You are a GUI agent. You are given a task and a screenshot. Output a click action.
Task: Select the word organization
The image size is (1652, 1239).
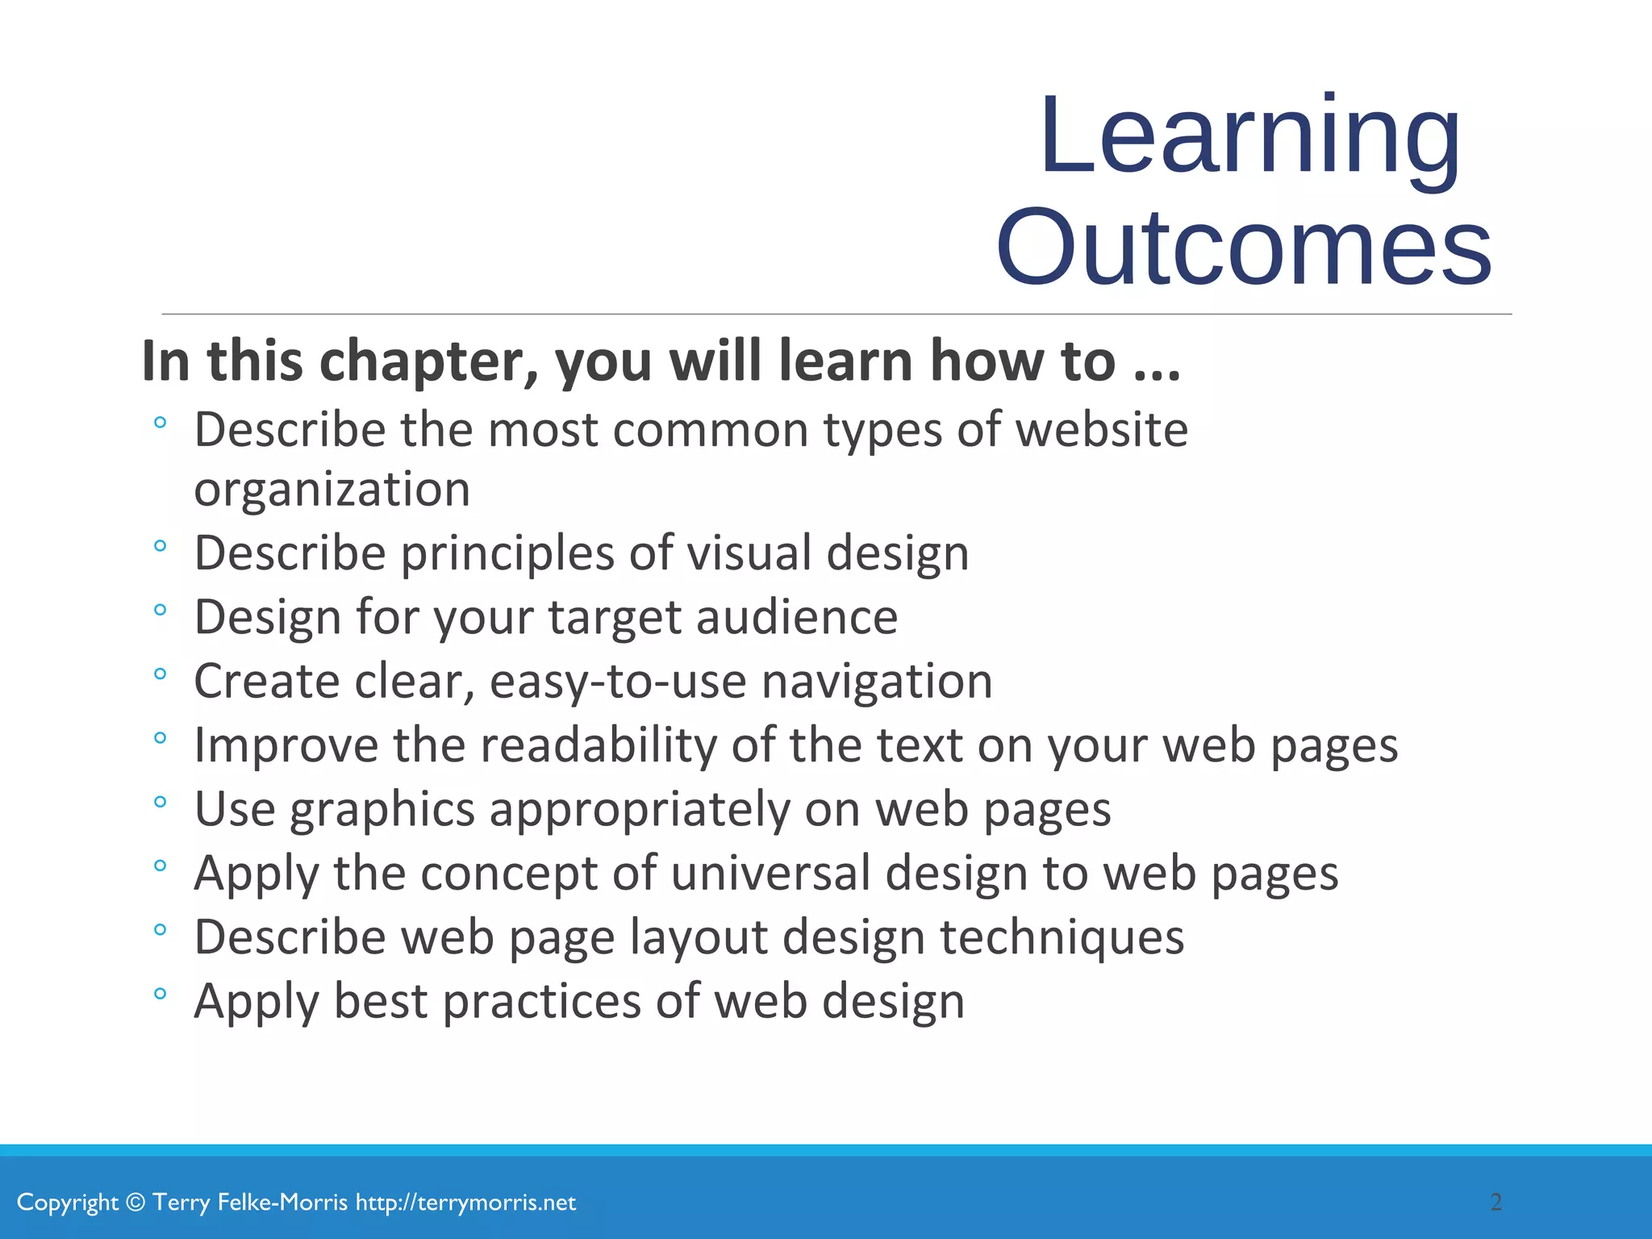click(332, 490)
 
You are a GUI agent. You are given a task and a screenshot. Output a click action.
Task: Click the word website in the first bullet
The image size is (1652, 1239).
click(1101, 430)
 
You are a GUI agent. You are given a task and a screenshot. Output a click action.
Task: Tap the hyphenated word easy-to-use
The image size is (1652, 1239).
click(618, 682)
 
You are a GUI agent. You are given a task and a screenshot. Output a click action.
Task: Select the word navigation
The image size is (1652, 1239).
click(877, 682)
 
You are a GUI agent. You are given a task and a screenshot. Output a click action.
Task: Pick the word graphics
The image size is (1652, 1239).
click(382, 810)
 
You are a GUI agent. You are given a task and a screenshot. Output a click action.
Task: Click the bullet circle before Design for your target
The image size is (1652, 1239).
click(160, 610)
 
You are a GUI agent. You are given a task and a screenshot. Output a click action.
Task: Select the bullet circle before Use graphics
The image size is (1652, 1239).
click(160, 802)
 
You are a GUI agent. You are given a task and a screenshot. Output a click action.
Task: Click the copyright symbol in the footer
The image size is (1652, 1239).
click(136, 1203)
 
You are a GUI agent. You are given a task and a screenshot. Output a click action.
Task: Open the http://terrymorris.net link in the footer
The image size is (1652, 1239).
click(465, 1203)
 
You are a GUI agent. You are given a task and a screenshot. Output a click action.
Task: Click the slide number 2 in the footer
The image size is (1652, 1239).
click(1496, 1203)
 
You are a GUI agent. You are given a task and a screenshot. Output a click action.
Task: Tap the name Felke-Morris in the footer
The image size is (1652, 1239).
click(283, 1203)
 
